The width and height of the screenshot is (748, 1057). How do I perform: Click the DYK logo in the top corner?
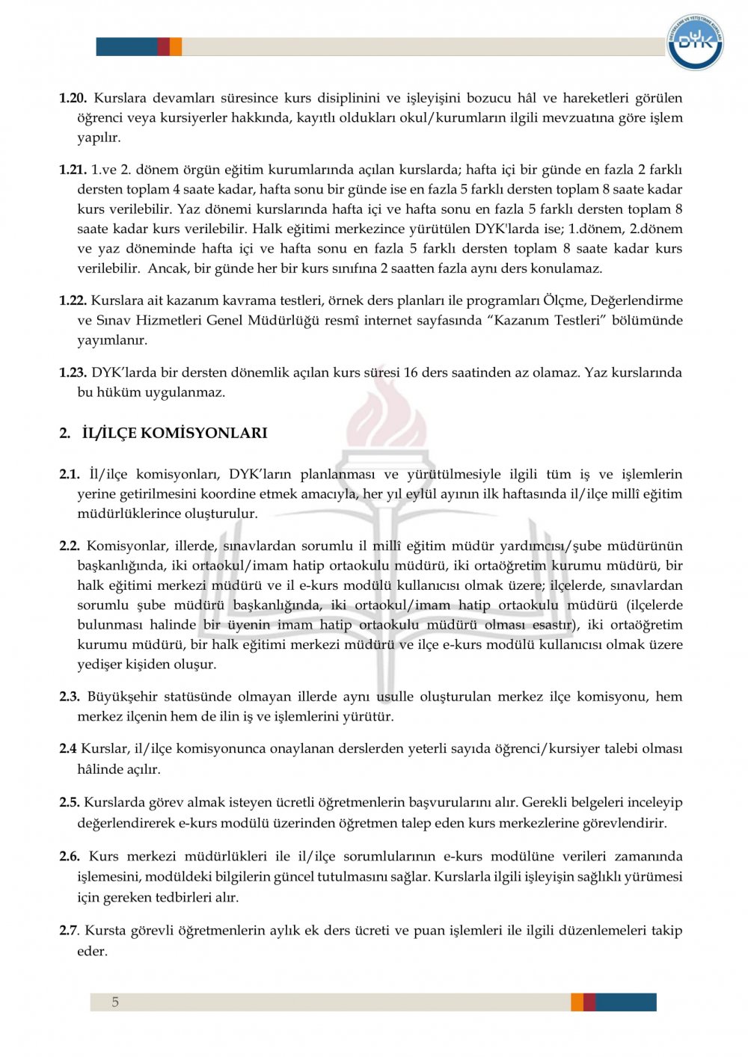(695, 42)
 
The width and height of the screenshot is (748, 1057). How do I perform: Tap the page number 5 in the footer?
(115, 1002)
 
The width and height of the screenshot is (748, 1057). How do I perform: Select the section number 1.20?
(73, 98)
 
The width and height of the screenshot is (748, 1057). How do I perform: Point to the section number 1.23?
(73, 372)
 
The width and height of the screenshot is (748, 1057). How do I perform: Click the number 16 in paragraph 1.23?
(411, 372)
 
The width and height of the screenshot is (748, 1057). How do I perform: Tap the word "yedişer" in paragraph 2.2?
(100, 664)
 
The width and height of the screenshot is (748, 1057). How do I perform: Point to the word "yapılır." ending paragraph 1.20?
(99, 138)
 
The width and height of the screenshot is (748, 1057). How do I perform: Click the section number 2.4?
(67, 748)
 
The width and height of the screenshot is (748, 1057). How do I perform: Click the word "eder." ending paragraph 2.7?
(92, 951)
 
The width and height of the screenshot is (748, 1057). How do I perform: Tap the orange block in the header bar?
(176, 46)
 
